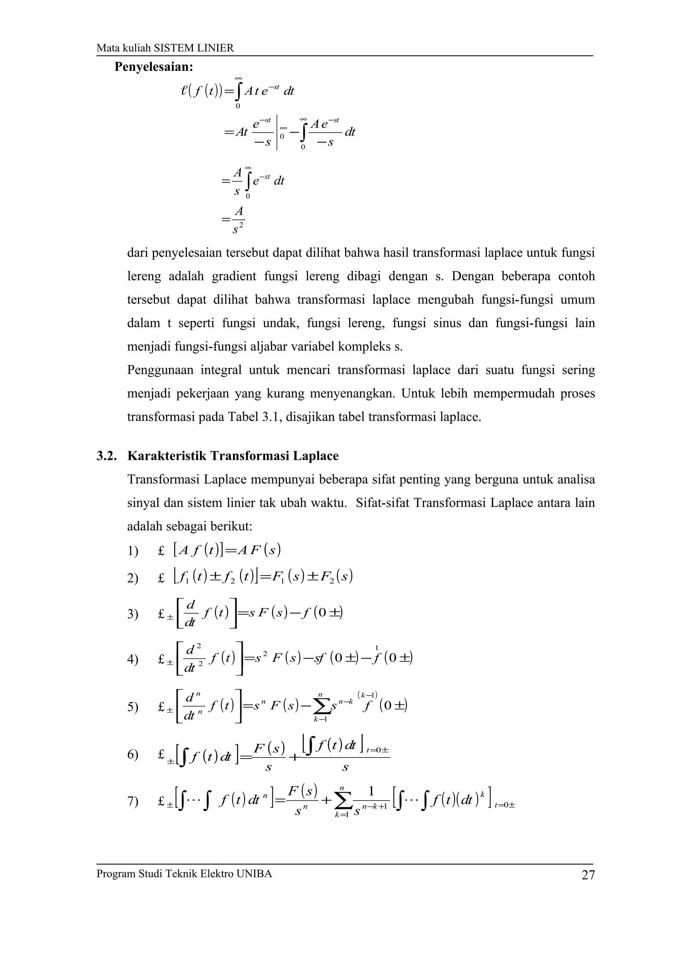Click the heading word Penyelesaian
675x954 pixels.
(x=154, y=67)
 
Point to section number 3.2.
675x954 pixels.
(x=106, y=456)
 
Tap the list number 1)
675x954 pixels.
(x=133, y=552)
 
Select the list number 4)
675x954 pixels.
(x=133, y=660)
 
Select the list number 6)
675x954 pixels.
(x=133, y=755)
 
